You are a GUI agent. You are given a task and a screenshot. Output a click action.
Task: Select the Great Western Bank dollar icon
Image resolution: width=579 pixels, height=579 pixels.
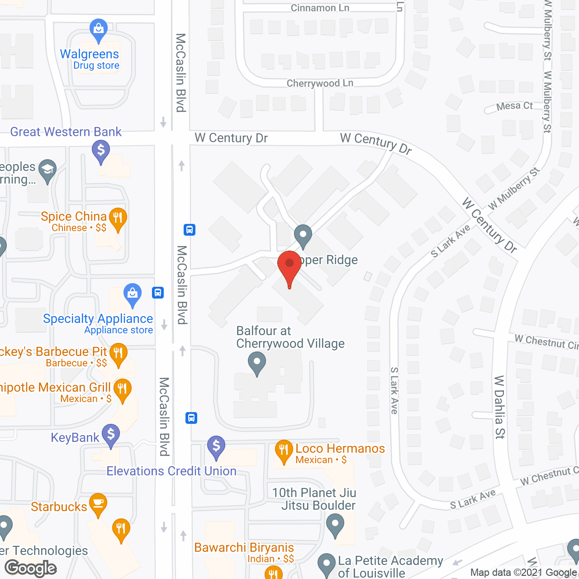click(101, 150)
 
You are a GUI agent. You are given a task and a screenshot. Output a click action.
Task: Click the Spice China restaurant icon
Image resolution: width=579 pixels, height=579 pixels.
click(118, 218)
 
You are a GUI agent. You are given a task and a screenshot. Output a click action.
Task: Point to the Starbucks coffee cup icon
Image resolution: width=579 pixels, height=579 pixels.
click(98, 503)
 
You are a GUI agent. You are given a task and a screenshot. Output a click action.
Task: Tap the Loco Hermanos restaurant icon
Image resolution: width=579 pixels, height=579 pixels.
click(284, 450)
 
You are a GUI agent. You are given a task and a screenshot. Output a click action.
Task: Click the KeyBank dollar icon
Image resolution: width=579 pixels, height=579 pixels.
click(111, 434)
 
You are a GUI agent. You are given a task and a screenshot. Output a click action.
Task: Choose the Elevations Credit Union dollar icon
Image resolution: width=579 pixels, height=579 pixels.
click(216, 446)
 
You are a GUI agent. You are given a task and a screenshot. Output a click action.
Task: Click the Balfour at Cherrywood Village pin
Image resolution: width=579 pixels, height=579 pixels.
click(257, 362)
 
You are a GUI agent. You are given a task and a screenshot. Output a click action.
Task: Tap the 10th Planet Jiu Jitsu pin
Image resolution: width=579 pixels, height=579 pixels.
click(335, 524)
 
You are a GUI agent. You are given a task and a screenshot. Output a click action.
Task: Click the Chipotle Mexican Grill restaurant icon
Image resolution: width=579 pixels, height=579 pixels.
click(122, 389)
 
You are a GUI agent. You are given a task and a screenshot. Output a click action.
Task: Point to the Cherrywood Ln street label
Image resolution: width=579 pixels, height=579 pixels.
click(320, 83)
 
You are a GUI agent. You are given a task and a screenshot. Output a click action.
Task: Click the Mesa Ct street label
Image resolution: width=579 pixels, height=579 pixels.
click(514, 106)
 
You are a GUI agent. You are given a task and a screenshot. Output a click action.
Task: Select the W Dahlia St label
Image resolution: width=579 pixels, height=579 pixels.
click(499, 407)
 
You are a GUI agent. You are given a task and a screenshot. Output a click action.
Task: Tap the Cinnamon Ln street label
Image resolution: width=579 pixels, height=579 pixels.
click(320, 8)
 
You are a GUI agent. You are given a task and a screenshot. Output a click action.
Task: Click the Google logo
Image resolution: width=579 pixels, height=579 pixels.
click(31, 568)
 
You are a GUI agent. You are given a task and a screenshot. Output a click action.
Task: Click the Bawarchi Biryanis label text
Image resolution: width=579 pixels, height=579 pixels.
click(244, 547)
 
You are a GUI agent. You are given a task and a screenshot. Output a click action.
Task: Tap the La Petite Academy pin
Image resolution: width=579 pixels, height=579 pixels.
click(326, 564)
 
